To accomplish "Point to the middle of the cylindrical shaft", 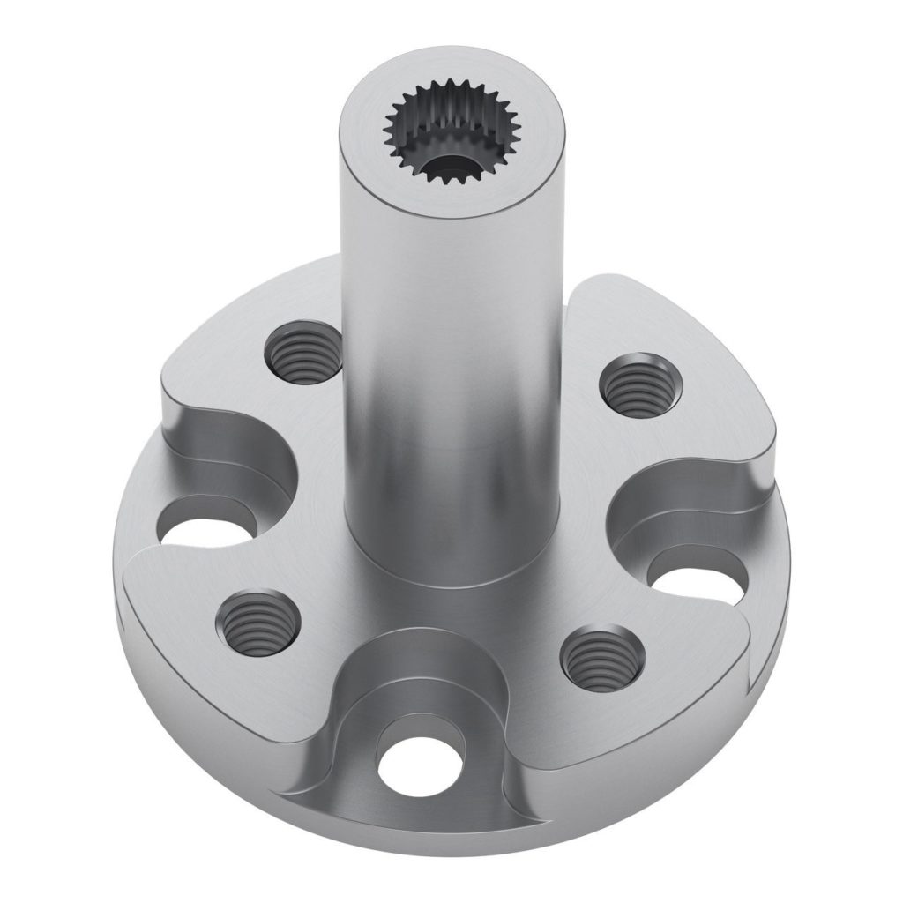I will coord(451,370).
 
